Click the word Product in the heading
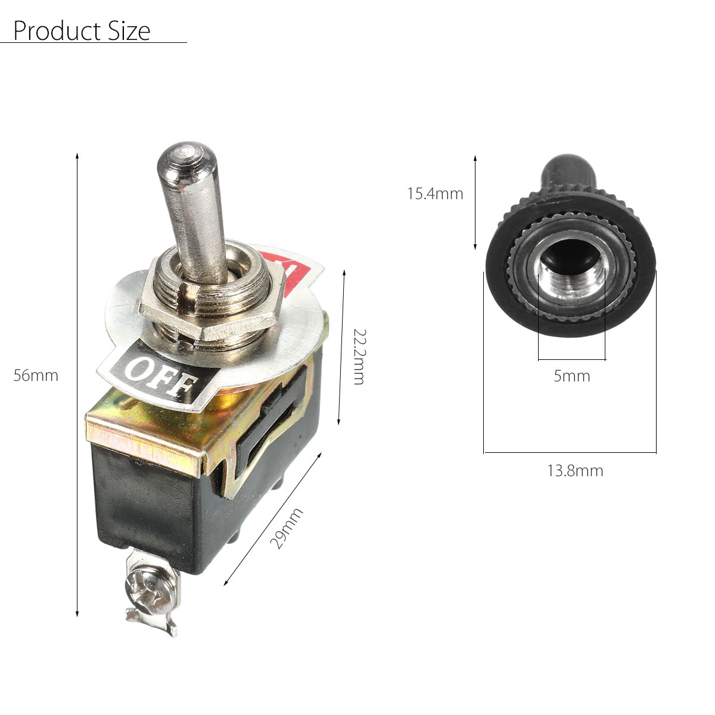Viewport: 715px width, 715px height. (x=49, y=31)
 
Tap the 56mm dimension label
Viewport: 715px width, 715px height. (x=36, y=376)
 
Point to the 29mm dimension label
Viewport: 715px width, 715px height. (x=287, y=529)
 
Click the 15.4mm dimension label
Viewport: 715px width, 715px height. (x=435, y=194)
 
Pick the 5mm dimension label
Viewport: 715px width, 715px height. (x=571, y=376)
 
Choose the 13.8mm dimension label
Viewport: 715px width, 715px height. (x=575, y=471)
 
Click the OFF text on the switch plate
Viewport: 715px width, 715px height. (x=159, y=377)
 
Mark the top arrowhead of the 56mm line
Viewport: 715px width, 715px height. (x=77, y=157)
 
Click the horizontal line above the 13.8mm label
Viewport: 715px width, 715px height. (x=570, y=453)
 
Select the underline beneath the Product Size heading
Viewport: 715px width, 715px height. (x=94, y=43)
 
